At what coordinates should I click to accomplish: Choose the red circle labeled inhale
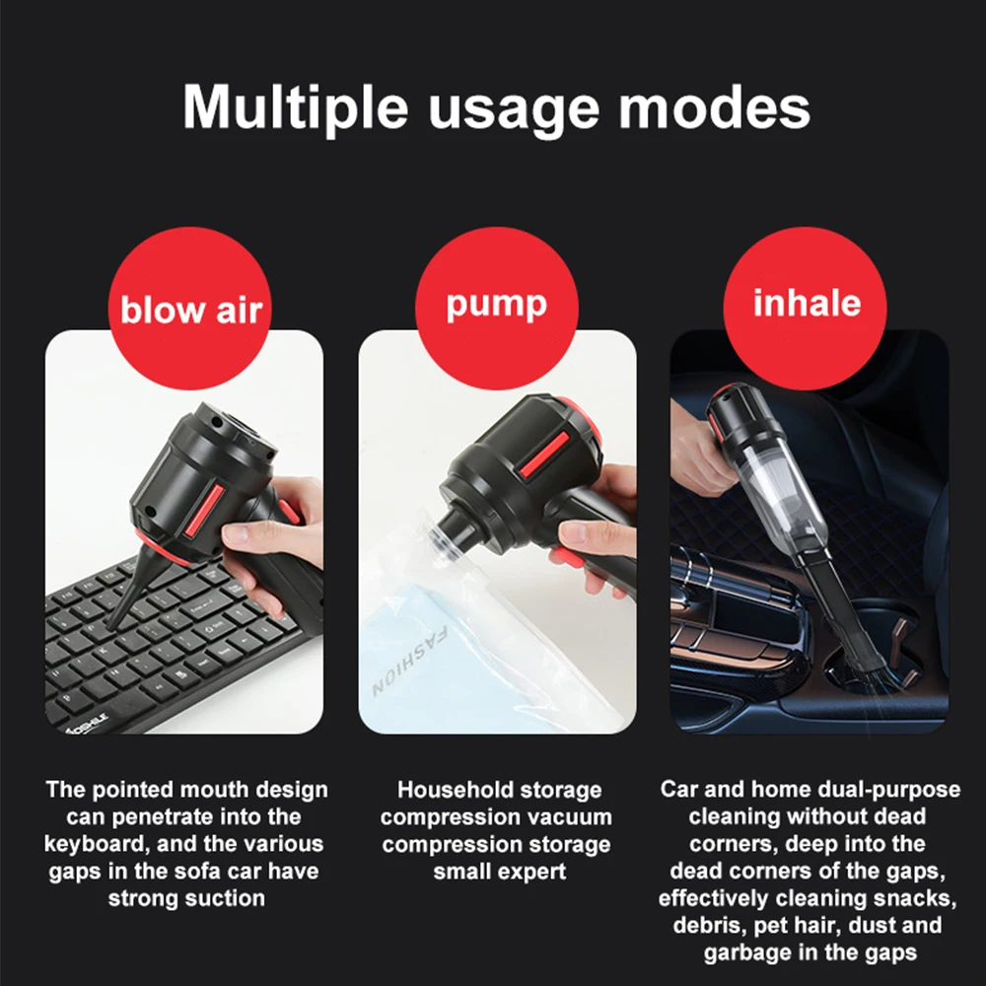pyautogui.click(x=806, y=304)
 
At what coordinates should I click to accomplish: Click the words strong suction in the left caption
pyautogui.click(x=186, y=898)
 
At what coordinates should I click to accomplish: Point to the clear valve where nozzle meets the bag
pyautogui.click(x=441, y=536)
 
